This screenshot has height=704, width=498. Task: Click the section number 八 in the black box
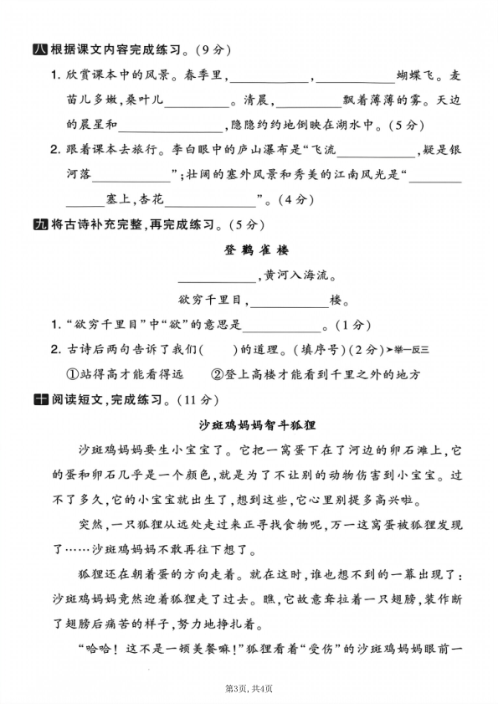(x=38, y=49)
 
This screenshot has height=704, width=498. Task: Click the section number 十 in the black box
(x=38, y=399)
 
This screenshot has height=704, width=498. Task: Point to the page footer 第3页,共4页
(x=249, y=688)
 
